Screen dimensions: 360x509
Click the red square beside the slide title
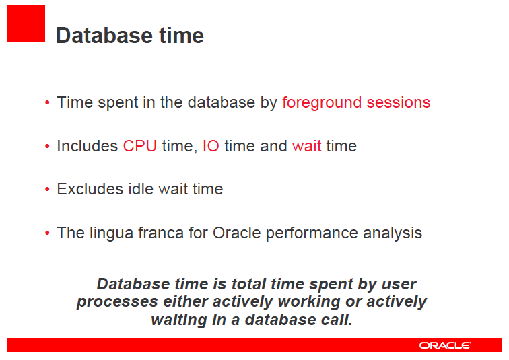coord(26,24)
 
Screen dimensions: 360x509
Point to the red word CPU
coord(139,146)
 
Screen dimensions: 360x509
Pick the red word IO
coord(211,146)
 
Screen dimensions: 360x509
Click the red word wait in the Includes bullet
coord(306,146)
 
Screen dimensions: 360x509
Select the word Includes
coord(88,146)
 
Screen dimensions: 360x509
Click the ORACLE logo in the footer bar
coord(445,345)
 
